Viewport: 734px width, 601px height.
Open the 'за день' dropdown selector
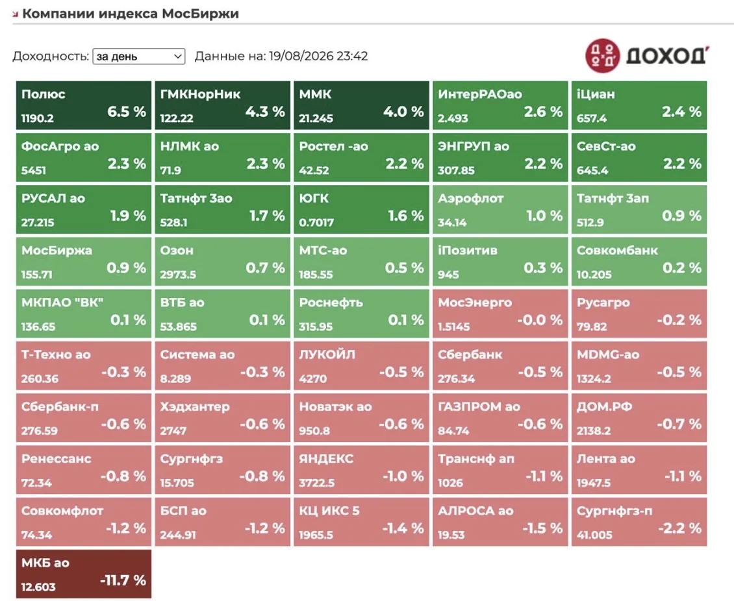coord(138,56)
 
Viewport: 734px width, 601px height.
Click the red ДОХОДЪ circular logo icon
coord(603,56)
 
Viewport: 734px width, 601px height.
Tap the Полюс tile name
coord(43,94)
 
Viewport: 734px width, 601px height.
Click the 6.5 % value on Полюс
coord(127,112)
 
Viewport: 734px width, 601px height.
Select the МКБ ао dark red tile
coord(84,574)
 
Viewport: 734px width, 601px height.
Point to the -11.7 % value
coord(123,580)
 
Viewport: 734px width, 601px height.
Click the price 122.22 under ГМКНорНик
coord(177,118)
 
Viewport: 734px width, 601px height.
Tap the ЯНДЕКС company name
coord(326,459)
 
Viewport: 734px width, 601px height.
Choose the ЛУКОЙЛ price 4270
coord(312,379)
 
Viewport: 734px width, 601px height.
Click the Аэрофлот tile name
coord(470,199)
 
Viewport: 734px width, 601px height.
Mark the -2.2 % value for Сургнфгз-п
coord(679,528)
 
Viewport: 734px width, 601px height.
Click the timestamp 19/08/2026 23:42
coord(318,56)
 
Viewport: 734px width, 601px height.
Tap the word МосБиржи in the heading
coord(200,14)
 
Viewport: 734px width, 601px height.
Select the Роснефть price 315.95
coord(316,326)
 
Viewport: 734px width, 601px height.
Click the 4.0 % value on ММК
coord(403,112)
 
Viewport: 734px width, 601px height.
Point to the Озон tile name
coord(177,251)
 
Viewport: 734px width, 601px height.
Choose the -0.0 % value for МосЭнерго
coord(540,320)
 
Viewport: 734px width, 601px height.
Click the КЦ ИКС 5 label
coord(329,511)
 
